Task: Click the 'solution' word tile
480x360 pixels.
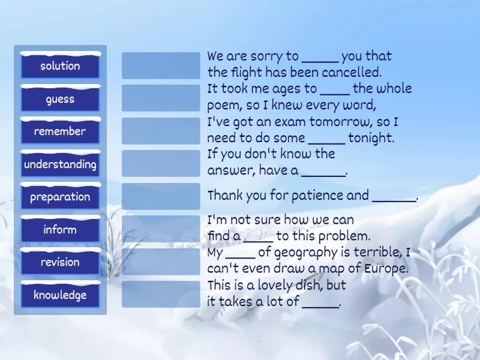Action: pyautogui.click(x=60, y=66)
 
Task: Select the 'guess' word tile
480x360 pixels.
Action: pyautogui.click(x=60, y=99)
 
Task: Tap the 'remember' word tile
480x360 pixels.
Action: pyautogui.click(x=60, y=131)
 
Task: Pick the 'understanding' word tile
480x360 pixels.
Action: pyautogui.click(x=60, y=164)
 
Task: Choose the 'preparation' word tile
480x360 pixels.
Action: pyautogui.click(x=60, y=197)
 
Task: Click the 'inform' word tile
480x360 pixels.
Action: pyautogui.click(x=60, y=230)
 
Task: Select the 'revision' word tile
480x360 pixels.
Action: pyautogui.click(x=60, y=262)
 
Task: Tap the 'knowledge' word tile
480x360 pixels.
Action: pyautogui.click(x=60, y=295)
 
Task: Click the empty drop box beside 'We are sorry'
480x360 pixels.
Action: pyautogui.click(x=161, y=65)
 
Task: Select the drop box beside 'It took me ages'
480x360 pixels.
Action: pyautogui.click(x=161, y=98)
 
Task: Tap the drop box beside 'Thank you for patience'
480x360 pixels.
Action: pyautogui.click(x=161, y=196)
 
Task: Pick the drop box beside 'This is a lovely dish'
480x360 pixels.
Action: pyautogui.click(x=161, y=294)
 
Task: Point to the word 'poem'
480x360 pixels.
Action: pyautogui.click(x=223, y=106)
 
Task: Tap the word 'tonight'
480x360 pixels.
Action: pyautogui.click(x=371, y=138)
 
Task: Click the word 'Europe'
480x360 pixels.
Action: pyautogui.click(x=386, y=268)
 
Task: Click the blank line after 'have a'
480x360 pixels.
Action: pyautogui.click(x=323, y=171)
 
